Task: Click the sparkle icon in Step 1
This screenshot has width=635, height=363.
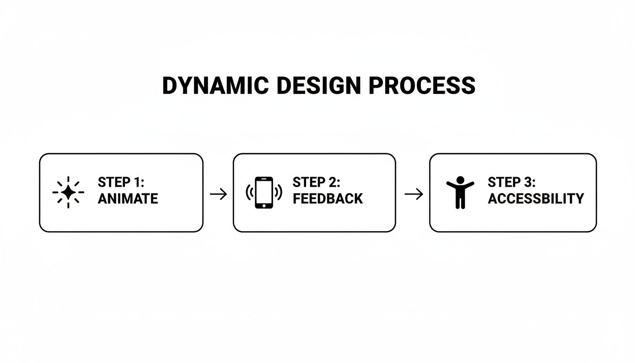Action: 68,192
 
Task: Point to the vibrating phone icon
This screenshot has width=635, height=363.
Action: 264,192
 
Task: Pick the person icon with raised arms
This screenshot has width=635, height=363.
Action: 460,192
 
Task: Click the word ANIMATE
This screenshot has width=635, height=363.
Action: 128,199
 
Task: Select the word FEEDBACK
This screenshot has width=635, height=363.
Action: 328,199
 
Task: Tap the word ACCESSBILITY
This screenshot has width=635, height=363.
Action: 536,199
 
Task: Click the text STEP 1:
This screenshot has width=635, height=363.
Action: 121,182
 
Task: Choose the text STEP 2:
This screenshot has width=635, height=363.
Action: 317,182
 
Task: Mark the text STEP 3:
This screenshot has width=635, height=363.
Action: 512,182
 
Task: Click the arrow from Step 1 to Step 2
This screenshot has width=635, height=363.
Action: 218,194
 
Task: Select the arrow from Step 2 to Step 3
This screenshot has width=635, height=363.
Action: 413,194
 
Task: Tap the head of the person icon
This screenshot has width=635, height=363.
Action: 460,180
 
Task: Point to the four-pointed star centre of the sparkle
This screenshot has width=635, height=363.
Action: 68,192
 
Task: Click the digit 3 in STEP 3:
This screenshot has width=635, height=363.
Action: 529,182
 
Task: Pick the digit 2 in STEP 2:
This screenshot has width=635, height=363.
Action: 334,182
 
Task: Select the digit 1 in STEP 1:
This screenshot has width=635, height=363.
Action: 138,182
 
